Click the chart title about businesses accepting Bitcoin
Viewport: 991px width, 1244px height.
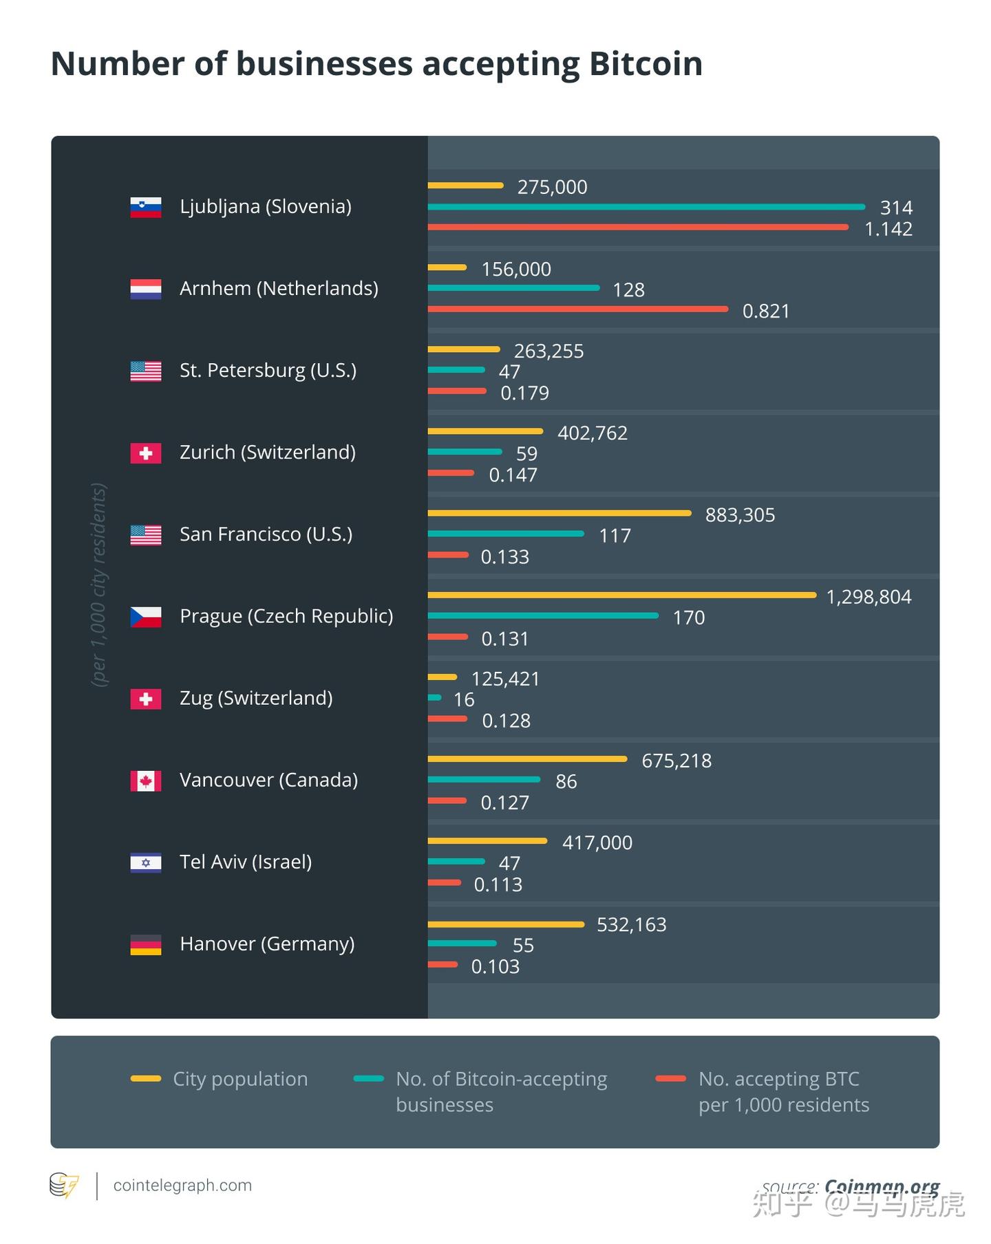[x=376, y=64]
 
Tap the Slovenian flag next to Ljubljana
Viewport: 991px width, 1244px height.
[x=146, y=207]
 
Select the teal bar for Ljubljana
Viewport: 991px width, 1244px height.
[x=646, y=207]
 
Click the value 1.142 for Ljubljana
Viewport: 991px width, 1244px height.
[x=888, y=229]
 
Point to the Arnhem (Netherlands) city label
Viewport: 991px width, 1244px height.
[x=279, y=288]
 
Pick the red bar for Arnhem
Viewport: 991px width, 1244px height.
[x=577, y=309]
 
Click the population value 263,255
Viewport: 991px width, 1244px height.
[x=548, y=351]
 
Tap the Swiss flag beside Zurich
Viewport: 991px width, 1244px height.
[x=146, y=453]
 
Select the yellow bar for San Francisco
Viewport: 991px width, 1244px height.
[x=559, y=513]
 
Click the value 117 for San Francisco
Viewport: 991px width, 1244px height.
[x=615, y=536]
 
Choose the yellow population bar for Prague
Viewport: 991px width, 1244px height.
[x=621, y=595]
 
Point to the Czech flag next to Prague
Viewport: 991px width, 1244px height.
[x=146, y=617]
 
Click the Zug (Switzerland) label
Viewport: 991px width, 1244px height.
[x=256, y=698]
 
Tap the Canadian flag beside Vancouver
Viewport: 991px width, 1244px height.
[x=146, y=781]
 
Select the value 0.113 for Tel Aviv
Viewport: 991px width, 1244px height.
[x=498, y=884]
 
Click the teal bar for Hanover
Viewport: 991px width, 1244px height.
[x=462, y=943]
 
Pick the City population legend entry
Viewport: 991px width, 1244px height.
[x=240, y=1079]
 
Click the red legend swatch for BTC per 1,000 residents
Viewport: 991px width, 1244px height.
[x=670, y=1078]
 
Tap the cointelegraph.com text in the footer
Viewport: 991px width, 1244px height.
[x=182, y=1186]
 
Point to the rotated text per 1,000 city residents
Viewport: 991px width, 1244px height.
[x=99, y=585]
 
